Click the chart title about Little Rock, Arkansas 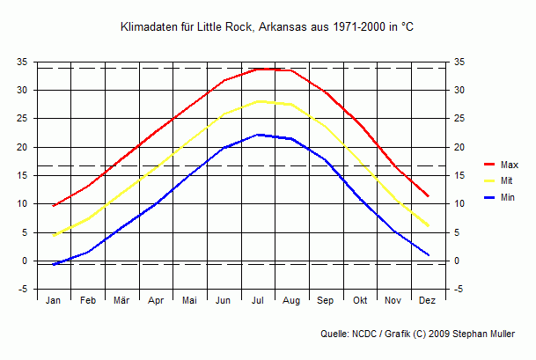pyautogui.click(x=267, y=28)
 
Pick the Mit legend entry pyautogui.click(x=506, y=180)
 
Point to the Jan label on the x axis pyautogui.click(x=54, y=301)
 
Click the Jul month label pyautogui.click(x=258, y=301)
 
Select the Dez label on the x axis pyautogui.click(x=428, y=301)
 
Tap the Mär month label pyautogui.click(x=121, y=301)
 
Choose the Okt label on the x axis pyautogui.click(x=360, y=301)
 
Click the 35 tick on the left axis pyautogui.click(x=22, y=62)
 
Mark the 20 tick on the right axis pyautogui.click(x=459, y=148)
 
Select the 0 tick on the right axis pyautogui.click(x=456, y=261)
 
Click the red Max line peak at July pyautogui.click(x=258, y=69)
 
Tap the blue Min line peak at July pyautogui.click(x=258, y=135)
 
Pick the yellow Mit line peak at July pyautogui.click(x=258, y=101)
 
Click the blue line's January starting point pyautogui.click(x=54, y=264)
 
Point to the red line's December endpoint pyautogui.click(x=428, y=195)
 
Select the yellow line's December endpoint pyautogui.click(x=428, y=225)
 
